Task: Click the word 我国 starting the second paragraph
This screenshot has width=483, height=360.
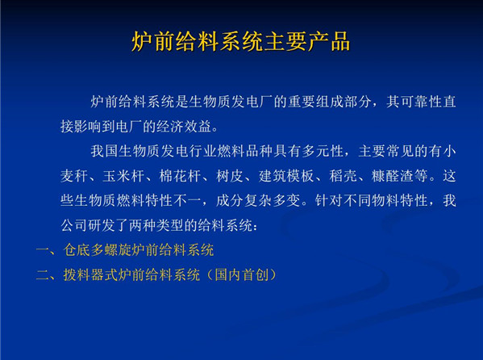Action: pyautogui.click(x=105, y=151)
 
